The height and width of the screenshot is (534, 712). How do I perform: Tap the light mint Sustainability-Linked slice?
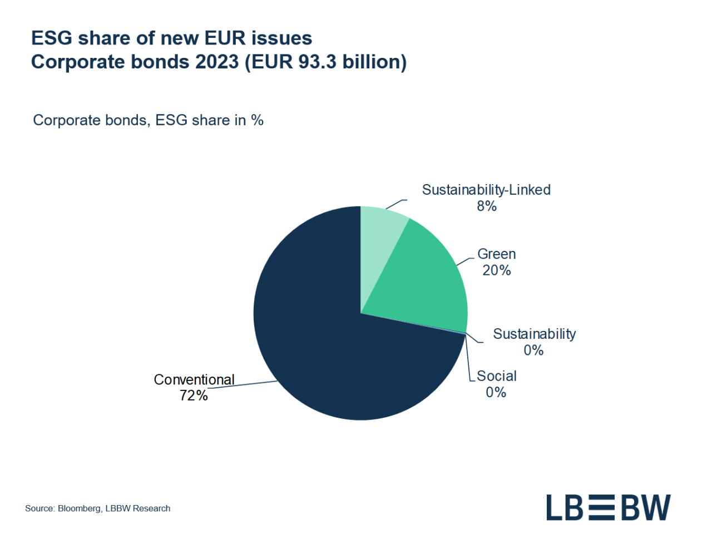pyautogui.click(x=381, y=234)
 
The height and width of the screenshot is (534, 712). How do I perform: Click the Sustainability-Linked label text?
pyautogui.click(x=486, y=190)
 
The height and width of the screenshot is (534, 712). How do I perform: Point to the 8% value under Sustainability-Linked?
pyautogui.click(x=486, y=206)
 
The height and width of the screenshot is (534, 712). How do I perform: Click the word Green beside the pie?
pyautogui.click(x=496, y=254)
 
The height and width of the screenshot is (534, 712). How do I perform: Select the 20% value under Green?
pyautogui.click(x=496, y=270)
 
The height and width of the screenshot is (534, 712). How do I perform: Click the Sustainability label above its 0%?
pyautogui.click(x=534, y=334)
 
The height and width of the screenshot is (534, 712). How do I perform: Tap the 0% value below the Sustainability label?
pyautogui.click(x=533, y=350)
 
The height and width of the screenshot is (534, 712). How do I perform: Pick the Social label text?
pyautogui.click(x=496, y=376)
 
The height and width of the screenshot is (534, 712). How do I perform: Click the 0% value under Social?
pyautogui.click(x=496, y=393)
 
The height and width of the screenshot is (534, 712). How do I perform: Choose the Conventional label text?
pyautogui.click(x=194, y=379)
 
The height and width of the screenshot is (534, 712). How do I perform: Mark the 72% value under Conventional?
pyautogui.click(x=193, y=395)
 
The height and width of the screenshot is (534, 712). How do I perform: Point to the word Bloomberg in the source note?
pyautogui.click(x=79, y=508)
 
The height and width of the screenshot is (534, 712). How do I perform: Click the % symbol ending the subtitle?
pyautogui.click(x=257, y=120)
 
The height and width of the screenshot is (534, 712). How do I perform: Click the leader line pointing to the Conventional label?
pyautogui.click(x=250, y=384)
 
